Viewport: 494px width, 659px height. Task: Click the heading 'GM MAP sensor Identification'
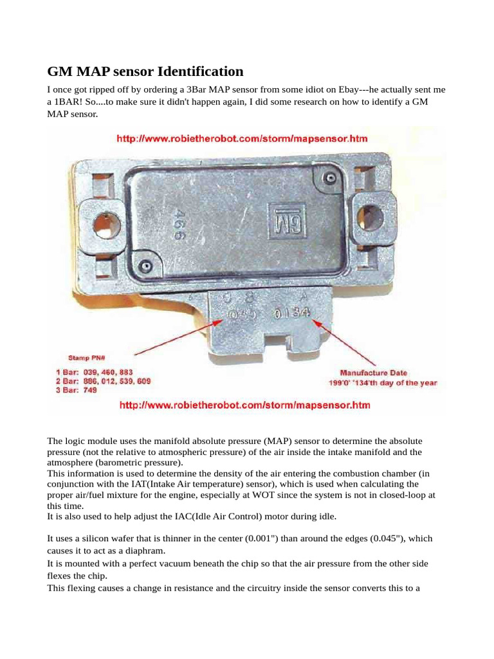145,71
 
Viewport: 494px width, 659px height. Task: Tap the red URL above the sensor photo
242,138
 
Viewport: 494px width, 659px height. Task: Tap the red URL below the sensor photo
244,405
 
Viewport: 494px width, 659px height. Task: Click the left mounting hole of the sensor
104,225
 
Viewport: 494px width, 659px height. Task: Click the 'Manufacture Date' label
373,373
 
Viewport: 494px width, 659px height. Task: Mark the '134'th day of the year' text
402,383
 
